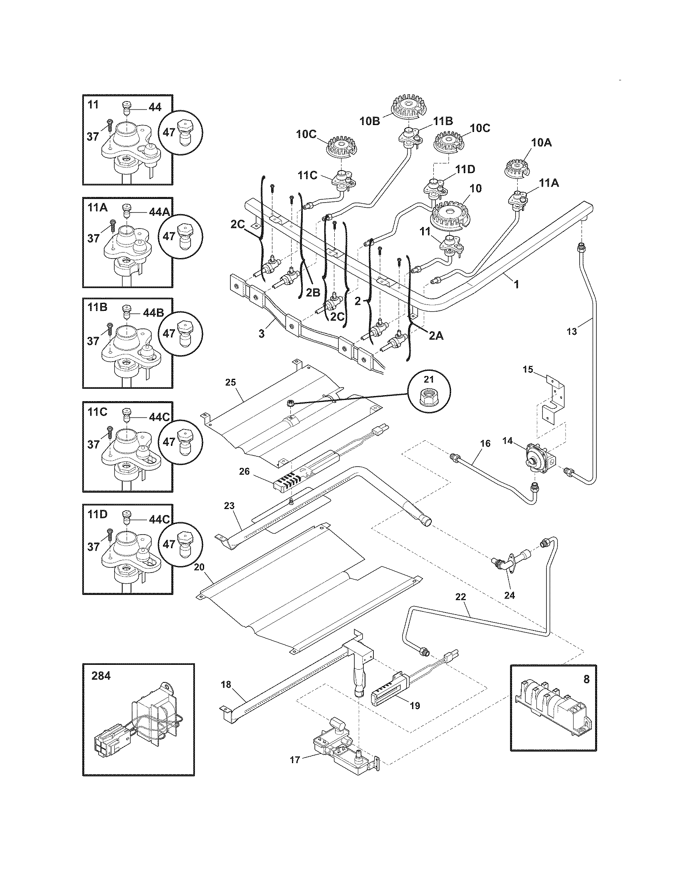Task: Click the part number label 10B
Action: pos(370,121)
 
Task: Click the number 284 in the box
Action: pos(101,676)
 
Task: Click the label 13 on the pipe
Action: pos(572,331)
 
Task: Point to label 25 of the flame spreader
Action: pos(230,382)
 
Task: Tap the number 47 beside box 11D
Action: pos(169,544)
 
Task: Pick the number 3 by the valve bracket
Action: pos(262,334)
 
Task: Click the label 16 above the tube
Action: pos(486,443)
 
